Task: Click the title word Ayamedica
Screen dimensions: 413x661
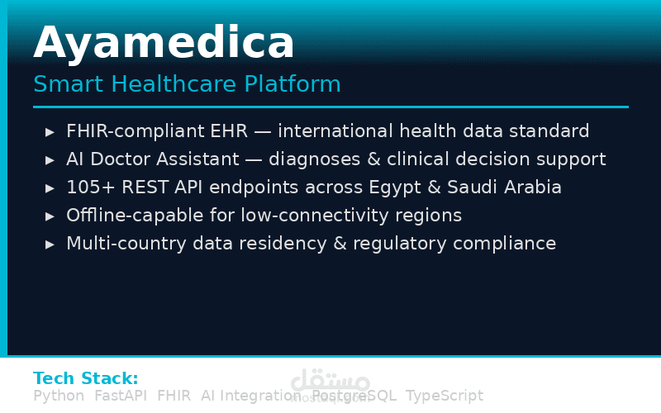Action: [x=164, y=43]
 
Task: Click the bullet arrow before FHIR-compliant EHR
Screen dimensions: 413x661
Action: [x=50, y=131]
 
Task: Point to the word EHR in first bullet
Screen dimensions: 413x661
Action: [x=254, y=131]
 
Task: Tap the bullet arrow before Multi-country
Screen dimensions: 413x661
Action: [x=50, y=244]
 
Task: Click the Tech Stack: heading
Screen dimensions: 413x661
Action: [x=85, y=378]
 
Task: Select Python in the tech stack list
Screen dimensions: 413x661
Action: [x=58, y=396]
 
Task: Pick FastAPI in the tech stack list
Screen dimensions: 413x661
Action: [x=120, y=396]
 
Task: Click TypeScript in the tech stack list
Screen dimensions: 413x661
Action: [x=444, y=396]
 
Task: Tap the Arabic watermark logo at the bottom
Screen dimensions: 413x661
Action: [x=330, y=382]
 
